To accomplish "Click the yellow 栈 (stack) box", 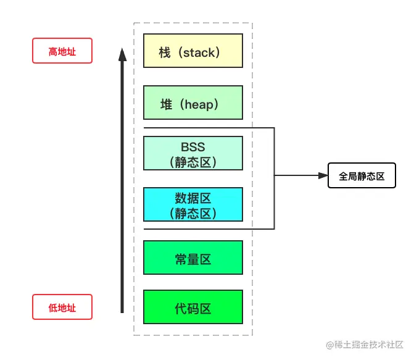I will click(x=193, y=51).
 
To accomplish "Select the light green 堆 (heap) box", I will click(x=193, y=103).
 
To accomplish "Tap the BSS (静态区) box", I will click(x=193, y=154).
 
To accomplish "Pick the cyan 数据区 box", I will click(x=193, y=204).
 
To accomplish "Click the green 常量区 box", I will click(x=193, y=257).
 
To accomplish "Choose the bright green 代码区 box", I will click(x=193, y=307).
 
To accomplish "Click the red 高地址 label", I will click(x=62, y=51).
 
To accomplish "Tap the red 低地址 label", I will click(x=62, y=307).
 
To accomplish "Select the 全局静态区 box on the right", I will click(x=361, y=176).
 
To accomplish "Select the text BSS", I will click(x=193, y=148).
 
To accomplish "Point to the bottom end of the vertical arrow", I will click(x=122, y=312).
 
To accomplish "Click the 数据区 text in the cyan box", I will click(x=193, y=198).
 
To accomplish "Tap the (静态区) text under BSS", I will click(x=193, y=162).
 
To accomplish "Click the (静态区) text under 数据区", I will click(x=193, y=213).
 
